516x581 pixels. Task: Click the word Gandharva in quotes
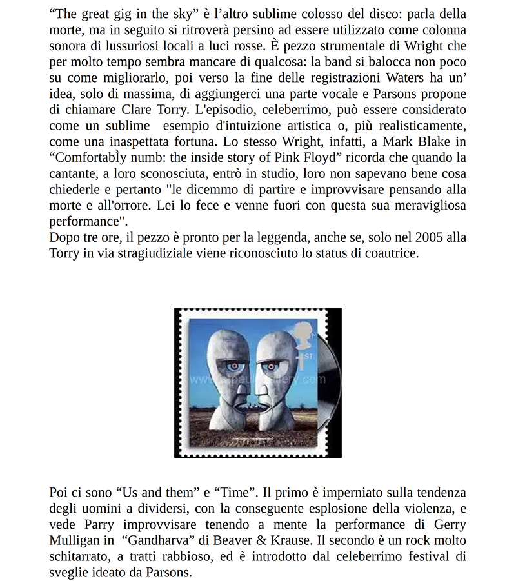tap(156, 540)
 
